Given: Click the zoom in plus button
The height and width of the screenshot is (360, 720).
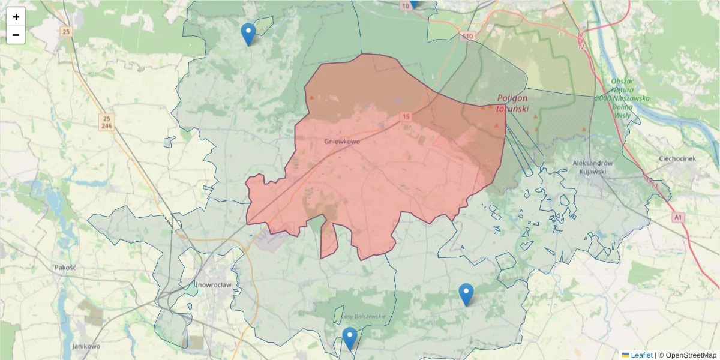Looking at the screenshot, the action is tap(16, 17).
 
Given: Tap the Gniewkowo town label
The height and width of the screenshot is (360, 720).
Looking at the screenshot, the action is tap(341, 142).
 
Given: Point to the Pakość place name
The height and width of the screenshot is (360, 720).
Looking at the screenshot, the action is tap(64, 267).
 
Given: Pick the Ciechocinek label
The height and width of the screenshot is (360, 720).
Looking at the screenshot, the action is tap(677, 159).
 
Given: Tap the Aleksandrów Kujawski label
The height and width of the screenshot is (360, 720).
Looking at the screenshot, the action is tap(592, 167).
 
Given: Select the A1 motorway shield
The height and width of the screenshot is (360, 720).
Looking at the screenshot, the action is tap(677, 217).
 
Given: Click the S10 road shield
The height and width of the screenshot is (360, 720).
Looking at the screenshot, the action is tap(468, 37).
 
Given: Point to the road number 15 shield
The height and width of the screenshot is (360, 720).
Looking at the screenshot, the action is tap(406, 116).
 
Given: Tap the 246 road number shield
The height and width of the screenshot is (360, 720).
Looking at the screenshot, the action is tap(106, 126).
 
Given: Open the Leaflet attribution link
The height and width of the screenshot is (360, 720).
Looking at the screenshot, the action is tap(641, 355).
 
